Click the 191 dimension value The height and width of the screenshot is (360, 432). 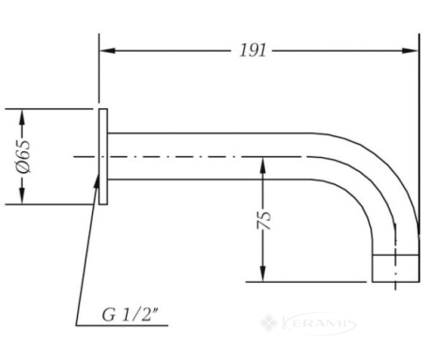coord(253,51)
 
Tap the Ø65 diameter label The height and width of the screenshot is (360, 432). coord(23,157)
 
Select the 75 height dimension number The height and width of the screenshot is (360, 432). coord(264,220)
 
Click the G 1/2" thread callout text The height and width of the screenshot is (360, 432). coord(130,315)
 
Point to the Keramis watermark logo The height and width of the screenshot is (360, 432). coord(308,323)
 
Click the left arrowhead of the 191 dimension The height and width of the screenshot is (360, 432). coord(107,51)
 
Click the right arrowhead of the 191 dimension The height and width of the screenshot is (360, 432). coord(410,51)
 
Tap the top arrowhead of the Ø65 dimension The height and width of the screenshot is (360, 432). coord(22,117)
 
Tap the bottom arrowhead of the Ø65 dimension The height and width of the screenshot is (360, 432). coord(22,196)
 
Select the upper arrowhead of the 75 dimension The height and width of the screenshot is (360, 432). coord(263,165)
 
